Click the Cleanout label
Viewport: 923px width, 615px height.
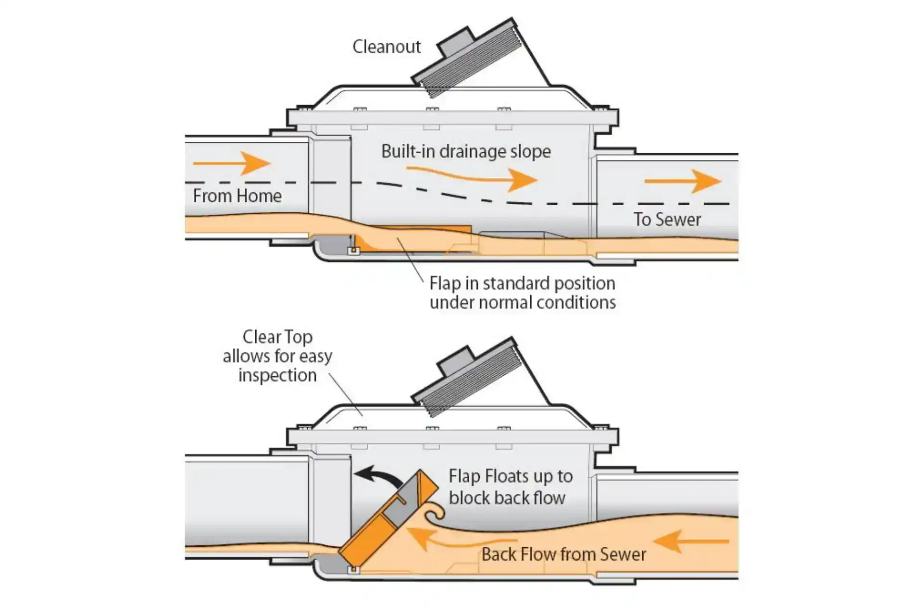[x=387, y=47]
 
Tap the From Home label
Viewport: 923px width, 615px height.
[x=237, y=196]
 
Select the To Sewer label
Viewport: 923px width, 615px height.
[x=667, y=220]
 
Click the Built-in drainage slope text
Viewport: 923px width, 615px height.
[x=466, y=151]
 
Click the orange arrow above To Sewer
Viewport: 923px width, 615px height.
[x=683, y=181]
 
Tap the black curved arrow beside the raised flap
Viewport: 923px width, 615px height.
[x=380, y=476]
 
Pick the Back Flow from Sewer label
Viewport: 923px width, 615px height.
[x=563, y=554]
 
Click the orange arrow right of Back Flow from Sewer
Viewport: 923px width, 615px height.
[x=691, y=541]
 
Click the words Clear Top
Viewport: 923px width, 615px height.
[x=277, y=337]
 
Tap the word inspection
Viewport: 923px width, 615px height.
[x=277, y=375]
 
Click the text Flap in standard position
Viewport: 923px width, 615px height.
[x=522, y=283]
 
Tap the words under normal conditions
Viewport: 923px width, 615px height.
[x=523, y=303]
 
